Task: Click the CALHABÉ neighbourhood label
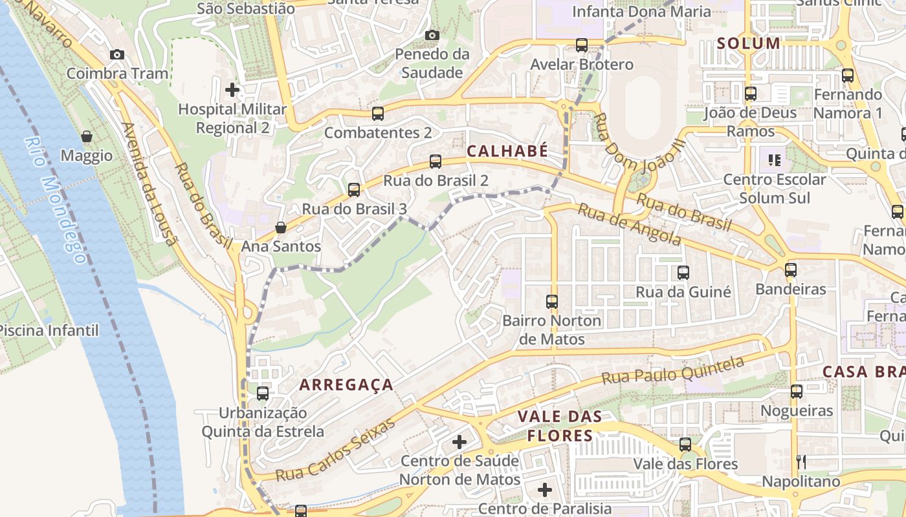[507, 152]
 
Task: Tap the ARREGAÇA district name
[346, 385]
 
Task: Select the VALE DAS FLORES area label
[560, 426]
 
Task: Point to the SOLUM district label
[749, 44]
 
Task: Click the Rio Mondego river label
[55, 200]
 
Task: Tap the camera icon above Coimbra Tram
[117, 55]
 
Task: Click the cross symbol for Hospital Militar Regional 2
[232, 90]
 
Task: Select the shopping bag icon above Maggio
[87, 136]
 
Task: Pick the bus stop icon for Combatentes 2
[378, 114]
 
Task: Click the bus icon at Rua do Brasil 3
[354, 190]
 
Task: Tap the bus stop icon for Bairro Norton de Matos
[552, 301]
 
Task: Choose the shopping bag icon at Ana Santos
[281, 227]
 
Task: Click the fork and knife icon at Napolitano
[801, 461]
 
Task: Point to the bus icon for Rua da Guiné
[683, 273]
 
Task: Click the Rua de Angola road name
[629, 224]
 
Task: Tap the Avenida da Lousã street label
[149, 184]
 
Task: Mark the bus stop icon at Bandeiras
[791, 270]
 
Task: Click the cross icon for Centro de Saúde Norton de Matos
[459, 442]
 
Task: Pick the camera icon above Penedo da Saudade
[432, 35]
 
